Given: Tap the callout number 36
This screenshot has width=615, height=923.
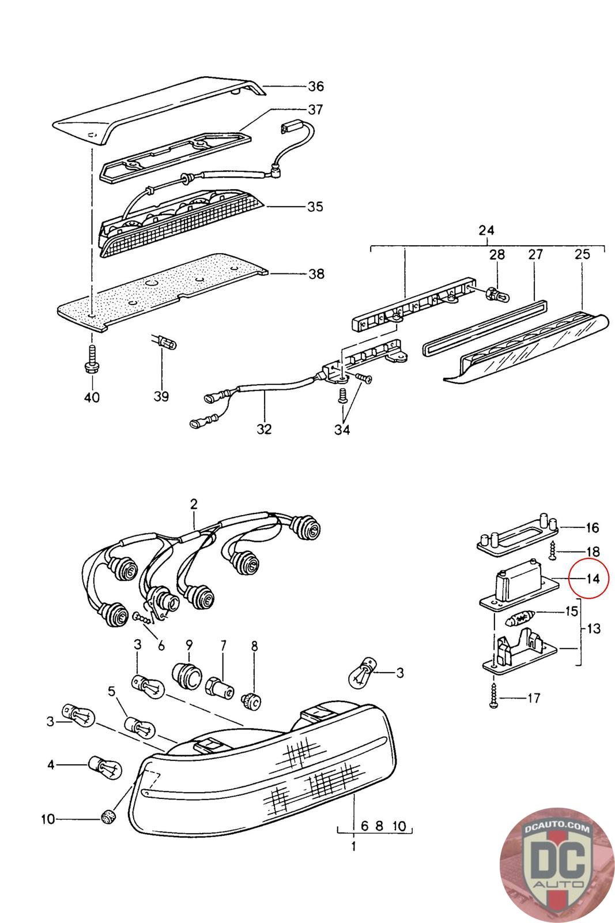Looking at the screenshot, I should [x=315, y=87].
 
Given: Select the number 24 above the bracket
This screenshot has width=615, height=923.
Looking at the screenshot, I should [x=486, y=230].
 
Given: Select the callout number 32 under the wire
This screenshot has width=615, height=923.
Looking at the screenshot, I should [x=264, y=429].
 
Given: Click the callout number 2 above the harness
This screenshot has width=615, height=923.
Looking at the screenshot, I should [x=194, y=504].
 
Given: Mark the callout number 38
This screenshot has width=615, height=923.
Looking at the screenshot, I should [x=316, y=273].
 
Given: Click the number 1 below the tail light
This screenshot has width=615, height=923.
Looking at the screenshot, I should [x=353, y=846].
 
